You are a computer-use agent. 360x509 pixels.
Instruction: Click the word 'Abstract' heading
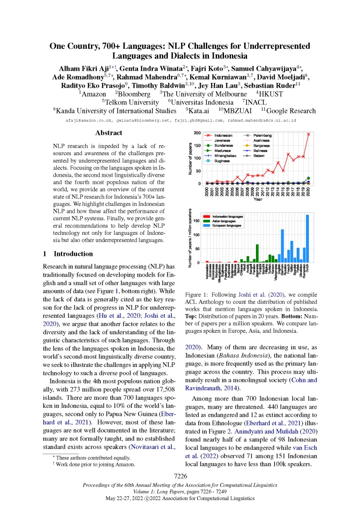[x=109, y=133]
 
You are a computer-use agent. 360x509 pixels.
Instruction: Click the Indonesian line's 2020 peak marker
[x=308, y=134]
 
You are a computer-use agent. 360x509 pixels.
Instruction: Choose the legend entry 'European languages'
[x=229, y=225]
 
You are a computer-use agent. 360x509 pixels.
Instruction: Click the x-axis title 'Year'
[x=258, y=199]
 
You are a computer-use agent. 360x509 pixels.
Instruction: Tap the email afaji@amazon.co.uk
[x=90, y=120]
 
